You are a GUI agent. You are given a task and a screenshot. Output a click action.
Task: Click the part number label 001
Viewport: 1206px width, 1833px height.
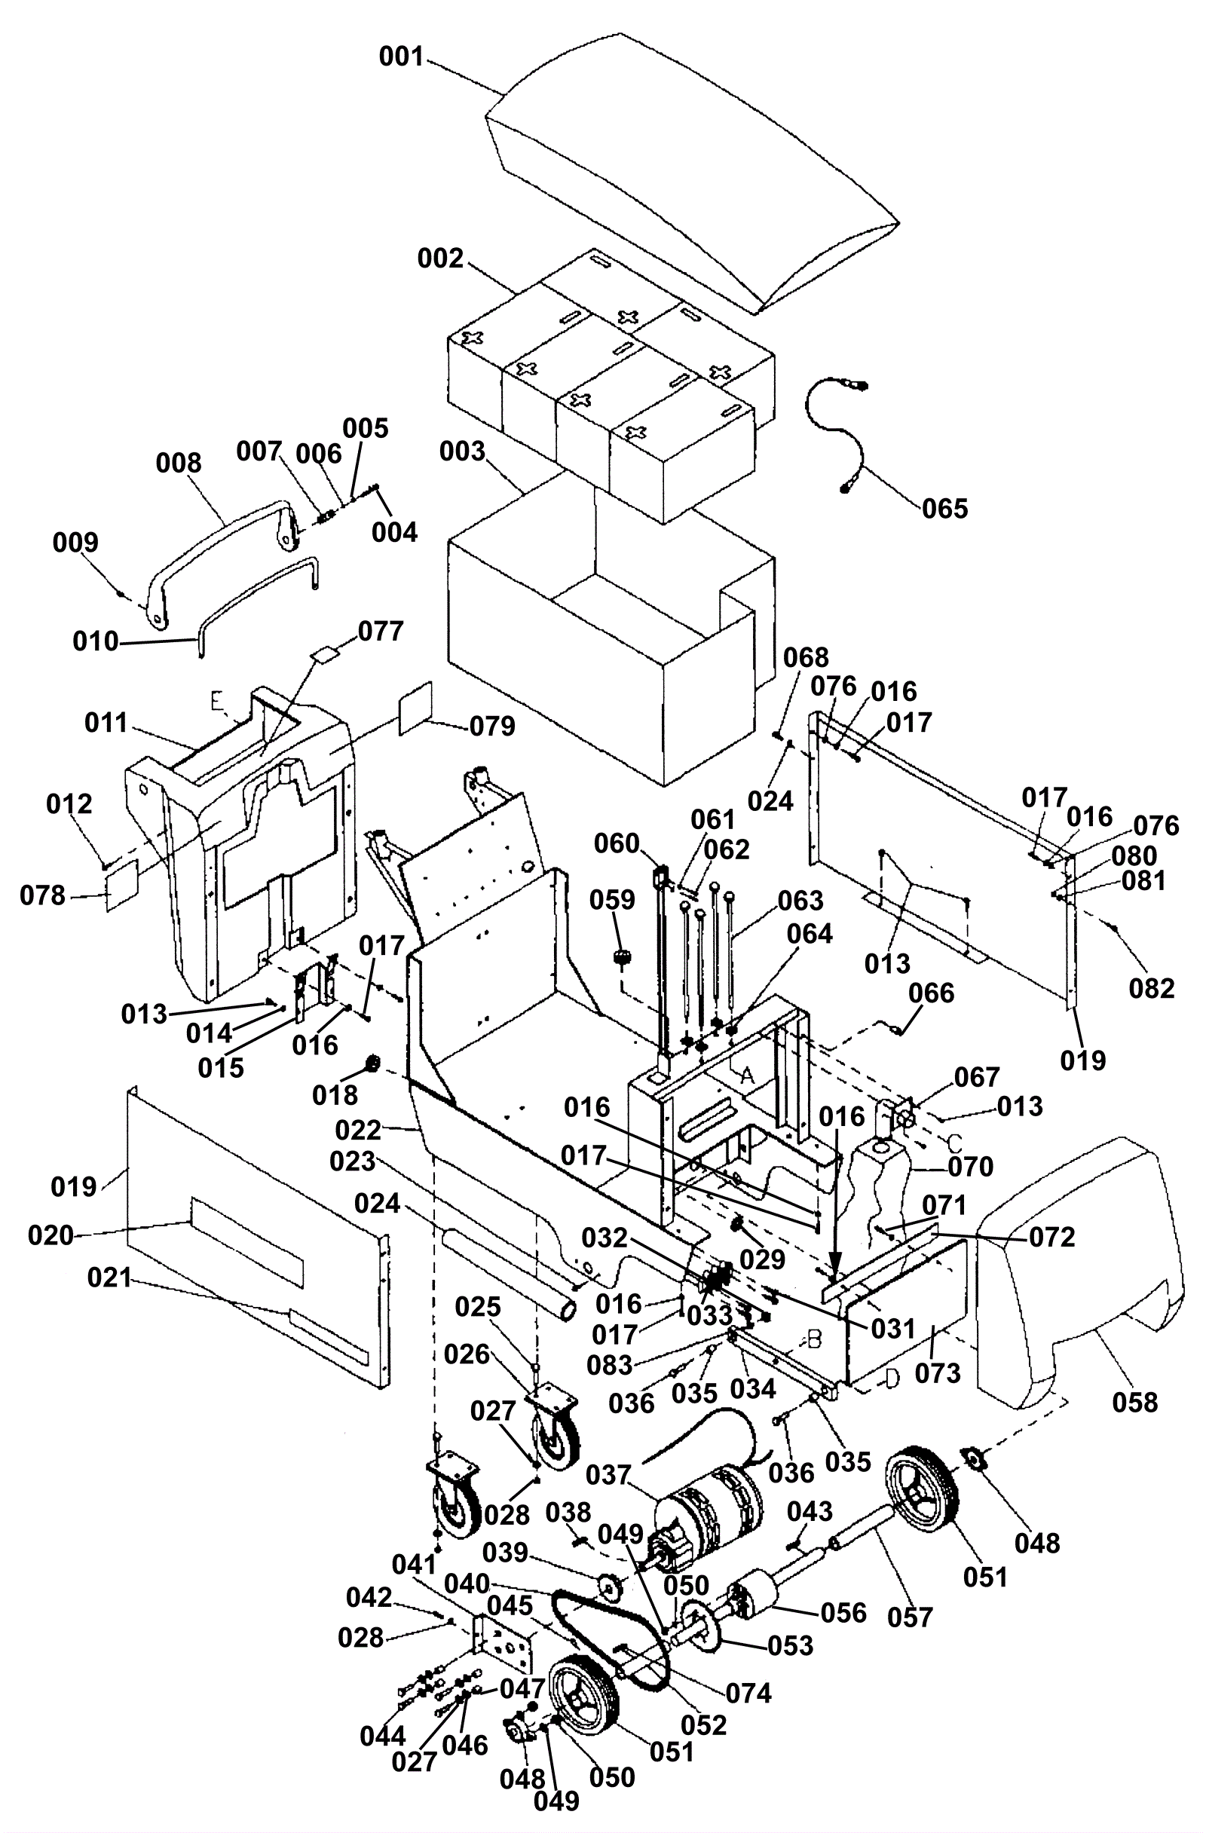coord(401,57)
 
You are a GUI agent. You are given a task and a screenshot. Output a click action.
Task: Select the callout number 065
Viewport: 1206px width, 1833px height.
coord(945,508)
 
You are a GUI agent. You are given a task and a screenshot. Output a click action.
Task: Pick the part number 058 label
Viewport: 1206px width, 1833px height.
coord(1135,1403)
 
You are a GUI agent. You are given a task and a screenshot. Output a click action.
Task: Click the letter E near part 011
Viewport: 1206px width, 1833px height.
coord(218,701)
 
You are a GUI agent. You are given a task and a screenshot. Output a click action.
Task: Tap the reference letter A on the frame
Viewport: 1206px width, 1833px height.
coord(745,1077)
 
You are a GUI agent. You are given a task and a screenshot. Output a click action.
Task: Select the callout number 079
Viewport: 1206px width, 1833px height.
coord(492,727)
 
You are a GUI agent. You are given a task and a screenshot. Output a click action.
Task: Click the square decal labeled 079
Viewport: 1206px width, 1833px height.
coord(416,708)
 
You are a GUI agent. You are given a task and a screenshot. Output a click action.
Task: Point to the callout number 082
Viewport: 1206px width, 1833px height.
coord(1151,988)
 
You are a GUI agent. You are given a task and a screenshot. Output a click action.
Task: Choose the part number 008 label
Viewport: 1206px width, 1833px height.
coord(179,463)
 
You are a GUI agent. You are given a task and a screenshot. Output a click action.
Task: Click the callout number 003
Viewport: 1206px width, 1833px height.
coord(462,451)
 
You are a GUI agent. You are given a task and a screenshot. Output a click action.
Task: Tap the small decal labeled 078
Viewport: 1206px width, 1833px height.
coord(122,886)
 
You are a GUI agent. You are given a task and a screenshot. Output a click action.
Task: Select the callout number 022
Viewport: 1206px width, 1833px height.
coord(358,1130)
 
